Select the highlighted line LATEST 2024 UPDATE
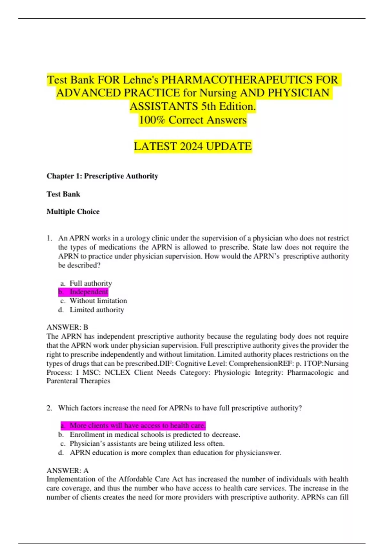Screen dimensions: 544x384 pyautogui.click(x=193, y=146)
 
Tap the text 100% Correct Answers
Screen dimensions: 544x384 pyautogui.click(x=193, y=120)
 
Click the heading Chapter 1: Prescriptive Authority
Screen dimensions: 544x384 pyautogui.click(x=102, y=176)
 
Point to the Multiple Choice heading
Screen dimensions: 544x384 pyautogui.click(x=73, y=212)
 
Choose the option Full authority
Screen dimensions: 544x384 pyautogui.click(x=91, y=283)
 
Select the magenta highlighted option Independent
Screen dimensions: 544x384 pyautogui.click(x=89, y=292)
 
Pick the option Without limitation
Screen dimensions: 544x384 pyautogui.click(x=98, y=301)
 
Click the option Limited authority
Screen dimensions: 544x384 pyautogui.click(x=97, y=310)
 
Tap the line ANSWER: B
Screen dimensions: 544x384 pyautogui.click(x=67, y=327)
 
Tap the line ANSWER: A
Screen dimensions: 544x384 pyautogui.click(x=68, y=470)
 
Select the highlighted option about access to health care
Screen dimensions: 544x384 pyautogui.click(x=137, y=425)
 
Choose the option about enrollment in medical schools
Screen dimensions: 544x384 pyautogui.click(x=155, y=435)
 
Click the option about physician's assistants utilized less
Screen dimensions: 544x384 pyautogui.click(x=147, y=444)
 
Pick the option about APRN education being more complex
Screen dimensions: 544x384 pyautogui.click(x=175, y=452)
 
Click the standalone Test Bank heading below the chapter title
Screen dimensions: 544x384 pyautogui.click(x=63, y=194)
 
